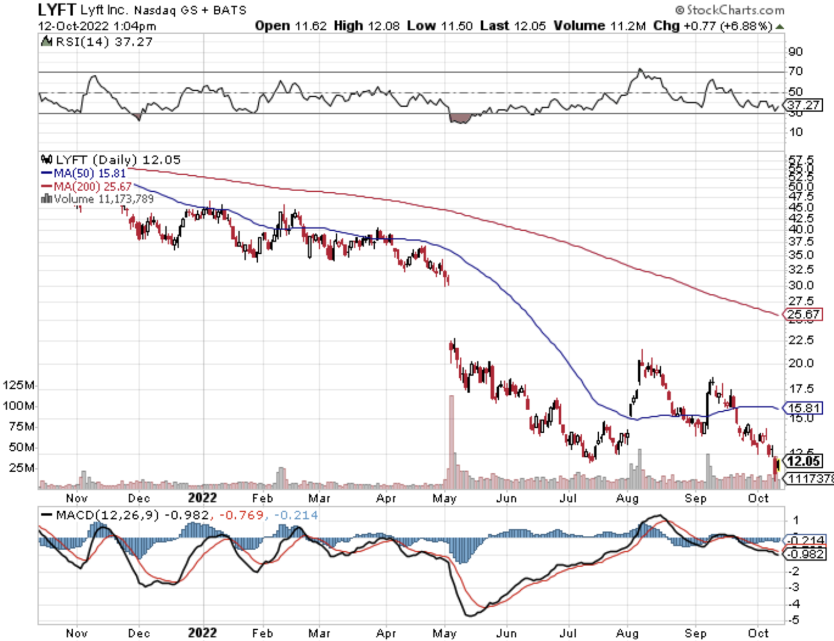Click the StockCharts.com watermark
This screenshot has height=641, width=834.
(x=730, y=10)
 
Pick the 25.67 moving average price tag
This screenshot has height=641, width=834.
(x=803, y=314)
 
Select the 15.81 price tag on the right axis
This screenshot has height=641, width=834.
(x=804, y=408)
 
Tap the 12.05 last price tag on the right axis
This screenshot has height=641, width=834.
(x=804, y=461)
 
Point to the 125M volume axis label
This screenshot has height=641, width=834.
(x=19, y=385)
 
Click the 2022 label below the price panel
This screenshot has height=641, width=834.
(x=203, y=498)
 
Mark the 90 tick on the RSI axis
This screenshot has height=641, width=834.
(x=796, y=52)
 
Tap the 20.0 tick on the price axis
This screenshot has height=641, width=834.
(x=801, y=363)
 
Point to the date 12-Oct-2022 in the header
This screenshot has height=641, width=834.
(x=73, y=26)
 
